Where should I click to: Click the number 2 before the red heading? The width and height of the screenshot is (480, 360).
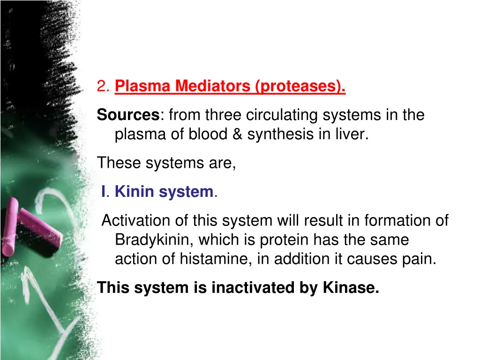coord(102,86)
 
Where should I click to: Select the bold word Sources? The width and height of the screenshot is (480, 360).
coord(128,115)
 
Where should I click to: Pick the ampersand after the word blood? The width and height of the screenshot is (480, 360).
coord(237,135)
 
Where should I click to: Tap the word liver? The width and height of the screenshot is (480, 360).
coord(355,135)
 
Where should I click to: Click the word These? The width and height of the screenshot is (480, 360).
coord(119,163)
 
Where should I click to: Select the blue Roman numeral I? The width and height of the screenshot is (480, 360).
coord(105,192)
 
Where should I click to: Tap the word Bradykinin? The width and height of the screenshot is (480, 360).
coord(154,240)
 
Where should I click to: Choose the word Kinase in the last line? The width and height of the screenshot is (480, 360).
coord(351,288)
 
